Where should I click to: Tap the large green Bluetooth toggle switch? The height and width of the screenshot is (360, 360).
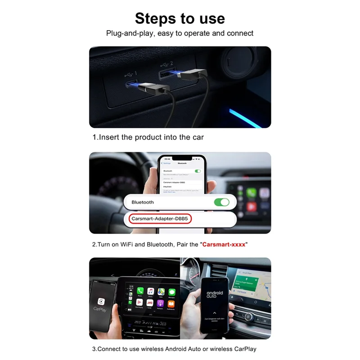pyautogui.click(x=221, y=202)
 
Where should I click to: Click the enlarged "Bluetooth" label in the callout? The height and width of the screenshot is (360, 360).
pyautogui.click(x=142, y=202)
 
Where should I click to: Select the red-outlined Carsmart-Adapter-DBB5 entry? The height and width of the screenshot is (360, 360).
pyautogui.click(x=160, y=219)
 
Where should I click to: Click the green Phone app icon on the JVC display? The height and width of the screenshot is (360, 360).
pyautogui.click(x=140, y=291)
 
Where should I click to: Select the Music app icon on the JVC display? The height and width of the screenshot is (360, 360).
pyautogui.click(x=151, y=291)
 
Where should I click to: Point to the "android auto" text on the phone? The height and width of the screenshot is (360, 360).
pyautogui.click(x=215, y=294)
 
